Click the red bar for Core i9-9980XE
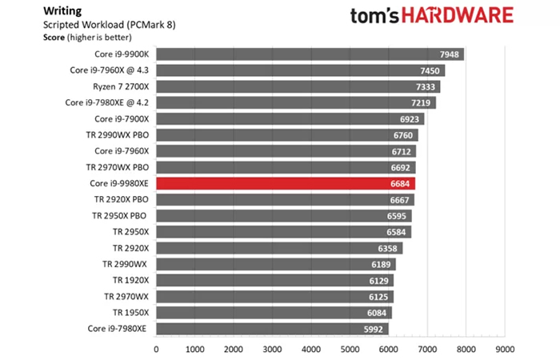pos(285,183)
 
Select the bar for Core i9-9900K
pos(310,54)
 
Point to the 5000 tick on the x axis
pos(350,349)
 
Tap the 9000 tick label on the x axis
pos(504,349)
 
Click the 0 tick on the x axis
pos(156,349)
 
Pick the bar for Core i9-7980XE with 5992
pos(272,329)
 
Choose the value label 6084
pos(379,313)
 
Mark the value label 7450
pos(431,70)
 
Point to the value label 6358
pos(390,248)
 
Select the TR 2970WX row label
pos(126,297)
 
